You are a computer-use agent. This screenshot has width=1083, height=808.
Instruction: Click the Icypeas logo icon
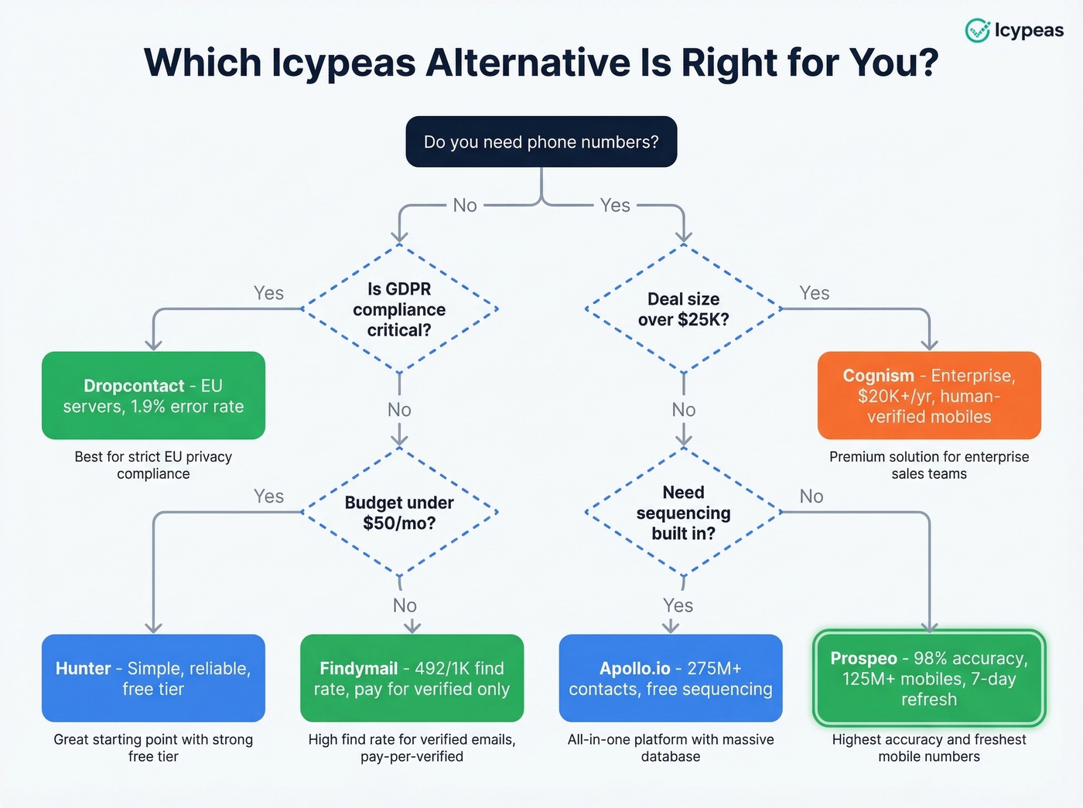[x=977, y=30]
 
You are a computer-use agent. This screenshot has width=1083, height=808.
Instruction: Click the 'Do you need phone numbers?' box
[x=541, y=142]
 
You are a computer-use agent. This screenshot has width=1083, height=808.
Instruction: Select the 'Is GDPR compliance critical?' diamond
[x=399, y=309]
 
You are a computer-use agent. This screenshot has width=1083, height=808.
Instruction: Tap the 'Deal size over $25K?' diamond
[x=683, y=309]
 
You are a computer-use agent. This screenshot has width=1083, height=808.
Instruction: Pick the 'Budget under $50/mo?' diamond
[x=399, y=512]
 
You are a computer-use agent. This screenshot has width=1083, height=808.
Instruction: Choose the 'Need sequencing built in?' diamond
[x=683, y=512]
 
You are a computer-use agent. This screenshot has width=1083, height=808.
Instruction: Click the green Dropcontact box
[x=153, y=396]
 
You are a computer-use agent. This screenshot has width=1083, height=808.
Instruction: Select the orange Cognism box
[x=929, y=396]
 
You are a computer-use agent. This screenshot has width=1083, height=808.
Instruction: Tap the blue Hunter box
[x=153, y=678]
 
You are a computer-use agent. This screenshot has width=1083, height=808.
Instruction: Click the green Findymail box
[x=412, y=678]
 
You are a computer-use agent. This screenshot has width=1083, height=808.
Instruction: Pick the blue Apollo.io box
[x=671, y=678]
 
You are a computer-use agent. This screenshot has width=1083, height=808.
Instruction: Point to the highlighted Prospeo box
[x=929, y=678]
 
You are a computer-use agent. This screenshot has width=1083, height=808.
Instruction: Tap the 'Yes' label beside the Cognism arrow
[x=814, y=293]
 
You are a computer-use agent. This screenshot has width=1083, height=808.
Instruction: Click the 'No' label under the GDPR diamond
[x=399, y=410]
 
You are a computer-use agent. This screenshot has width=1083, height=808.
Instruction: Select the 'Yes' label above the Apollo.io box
[x=678, y=605]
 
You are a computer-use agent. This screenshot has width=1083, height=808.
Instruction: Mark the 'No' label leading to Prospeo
[x=811, y=496]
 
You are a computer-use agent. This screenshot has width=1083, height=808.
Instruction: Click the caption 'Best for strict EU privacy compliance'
[x=153, y=465]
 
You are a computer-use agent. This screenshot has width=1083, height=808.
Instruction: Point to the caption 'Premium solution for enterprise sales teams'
[x=929, y=465]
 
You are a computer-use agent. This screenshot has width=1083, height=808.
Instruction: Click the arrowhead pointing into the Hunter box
[x=153, y=627]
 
